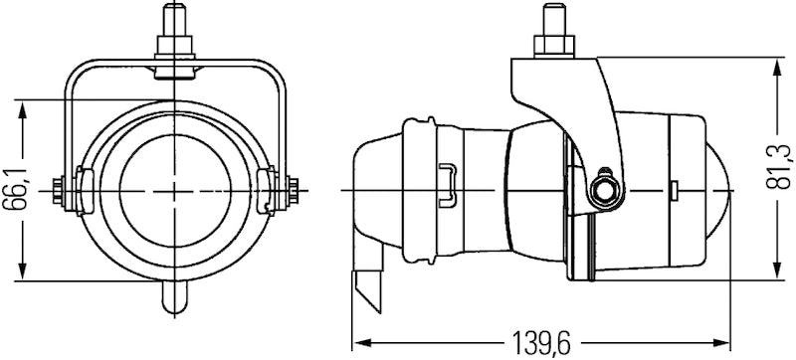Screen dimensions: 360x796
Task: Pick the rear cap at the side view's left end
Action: click(376, 189)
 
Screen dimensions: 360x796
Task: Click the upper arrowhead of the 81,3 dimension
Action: click(775, 64)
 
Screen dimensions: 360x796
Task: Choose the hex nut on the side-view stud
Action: click(551, 46)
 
